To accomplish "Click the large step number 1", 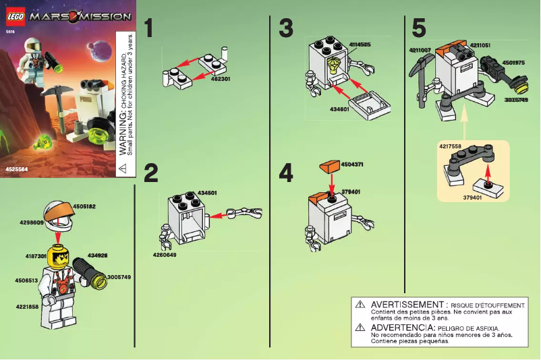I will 150,29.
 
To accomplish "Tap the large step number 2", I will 150,173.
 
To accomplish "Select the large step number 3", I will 286,29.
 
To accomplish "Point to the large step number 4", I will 286,173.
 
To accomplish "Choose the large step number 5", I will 419,29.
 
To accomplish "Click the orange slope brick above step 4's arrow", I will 331,166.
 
